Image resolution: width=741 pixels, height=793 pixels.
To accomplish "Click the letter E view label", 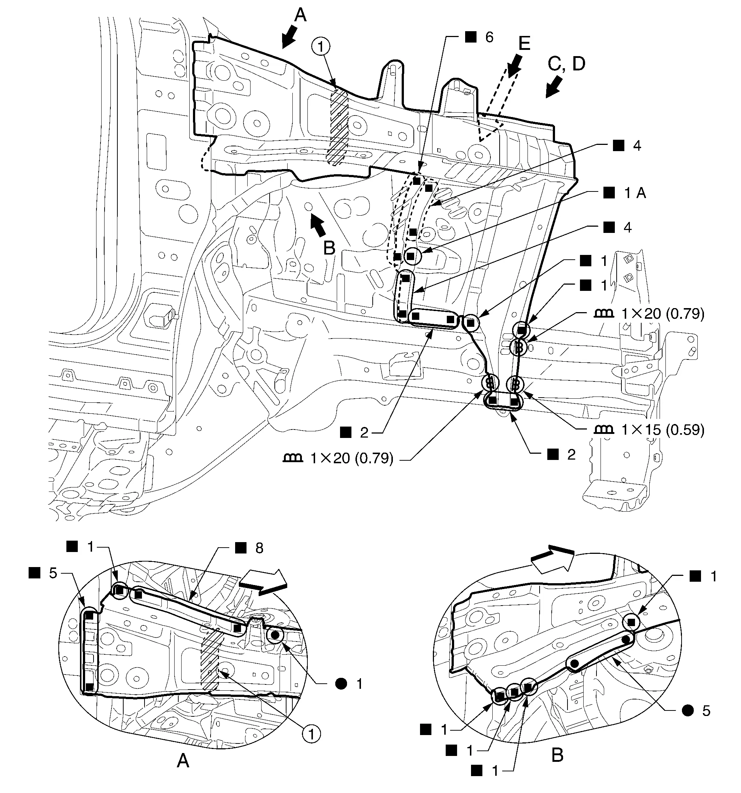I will tap(523, 43).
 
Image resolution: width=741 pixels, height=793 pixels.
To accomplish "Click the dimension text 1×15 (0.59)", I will tap(663, 430).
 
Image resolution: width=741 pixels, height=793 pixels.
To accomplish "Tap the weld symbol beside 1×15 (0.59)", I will tap(604, 429).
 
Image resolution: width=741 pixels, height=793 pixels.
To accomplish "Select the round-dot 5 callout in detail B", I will tap(696, 710).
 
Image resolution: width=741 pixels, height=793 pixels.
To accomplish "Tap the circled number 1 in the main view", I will tap(320, 47).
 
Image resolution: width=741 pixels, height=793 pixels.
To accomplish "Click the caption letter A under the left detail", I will tap(183, 761).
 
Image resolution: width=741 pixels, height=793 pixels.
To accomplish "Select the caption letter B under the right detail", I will tap(557, 755).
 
